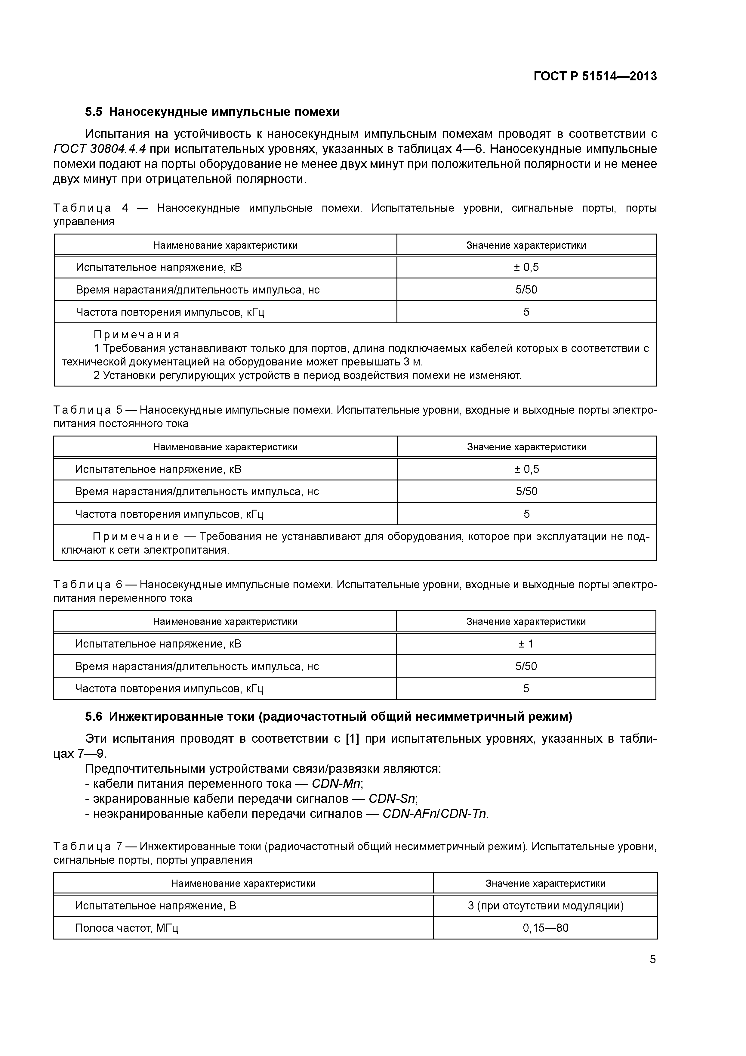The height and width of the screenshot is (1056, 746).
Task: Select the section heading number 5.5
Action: tap(94, 112)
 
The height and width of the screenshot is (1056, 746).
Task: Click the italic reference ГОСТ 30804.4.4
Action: tap(100, 149)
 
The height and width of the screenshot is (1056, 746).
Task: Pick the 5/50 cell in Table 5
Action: tap(526, 491)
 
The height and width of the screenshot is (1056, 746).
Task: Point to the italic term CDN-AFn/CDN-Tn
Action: tap(434, 814)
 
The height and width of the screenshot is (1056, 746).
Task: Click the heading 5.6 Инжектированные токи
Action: tap(329, 716)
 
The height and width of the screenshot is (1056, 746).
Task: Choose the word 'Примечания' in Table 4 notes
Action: tap(137, 335)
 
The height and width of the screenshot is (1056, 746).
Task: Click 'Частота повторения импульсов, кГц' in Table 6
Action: tap(169, 688)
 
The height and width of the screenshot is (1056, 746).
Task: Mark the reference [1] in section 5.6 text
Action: tap(352, 739)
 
